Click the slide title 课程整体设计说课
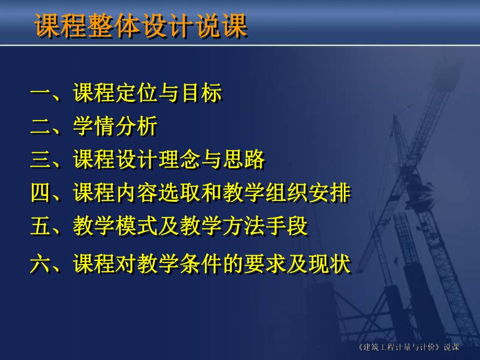(x=141, y=26)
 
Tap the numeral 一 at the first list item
(x=40, y=94)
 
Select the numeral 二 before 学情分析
(x=40, y=127)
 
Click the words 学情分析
(x=115, y=127)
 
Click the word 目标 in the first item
(x=201, y=94)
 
